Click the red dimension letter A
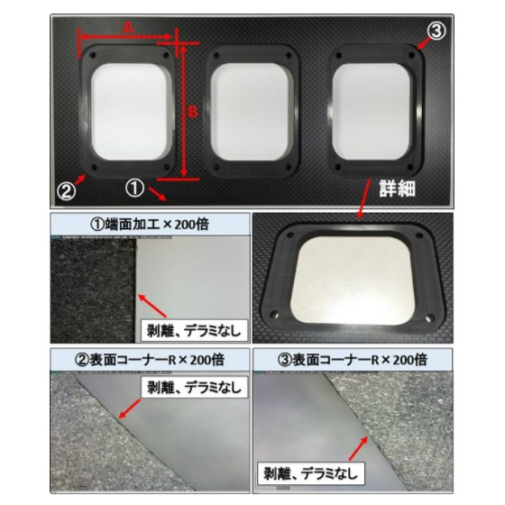point(128,28)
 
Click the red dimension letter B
point(193,112)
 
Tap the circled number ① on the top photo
point(134,188)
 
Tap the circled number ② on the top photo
point(67,191)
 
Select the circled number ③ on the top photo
point(436,32)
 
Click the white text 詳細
point(397,188)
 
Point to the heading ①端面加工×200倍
point(150,225)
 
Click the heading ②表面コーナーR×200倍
point(150,360)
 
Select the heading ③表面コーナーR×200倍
point(353,360)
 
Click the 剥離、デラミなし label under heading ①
point(194,331)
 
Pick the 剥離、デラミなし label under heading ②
point(194,387)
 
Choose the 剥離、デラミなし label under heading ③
point(311,473)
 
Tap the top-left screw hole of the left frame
point(94,55)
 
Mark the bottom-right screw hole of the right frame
point(410,167)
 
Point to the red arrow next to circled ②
point(81,179)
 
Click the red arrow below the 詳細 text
point(364,199)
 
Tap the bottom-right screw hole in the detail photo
point(428,319)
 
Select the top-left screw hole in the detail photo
point(289,234)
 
